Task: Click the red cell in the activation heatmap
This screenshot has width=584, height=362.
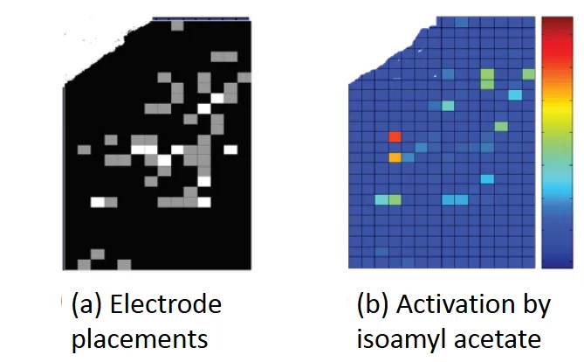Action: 395,137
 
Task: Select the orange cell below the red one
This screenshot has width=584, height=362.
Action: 395,157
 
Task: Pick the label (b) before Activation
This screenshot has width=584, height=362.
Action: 374,307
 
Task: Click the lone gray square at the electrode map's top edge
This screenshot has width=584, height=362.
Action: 178,24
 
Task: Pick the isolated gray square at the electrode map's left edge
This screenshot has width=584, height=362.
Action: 83,150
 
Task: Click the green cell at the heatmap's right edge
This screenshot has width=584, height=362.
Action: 501,127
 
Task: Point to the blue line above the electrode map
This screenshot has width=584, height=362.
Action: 201,17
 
